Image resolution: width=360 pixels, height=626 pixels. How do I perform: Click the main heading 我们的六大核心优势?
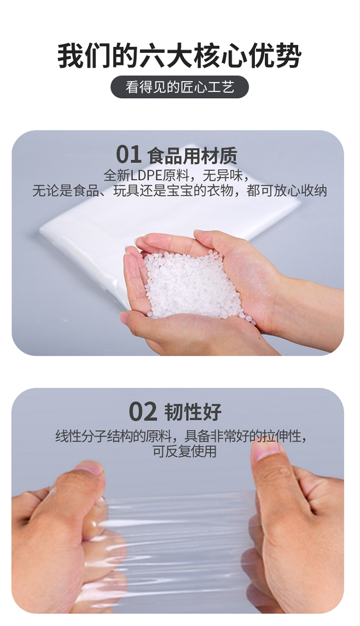point(180,55)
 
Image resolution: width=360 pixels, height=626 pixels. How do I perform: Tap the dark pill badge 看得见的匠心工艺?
point(180,87)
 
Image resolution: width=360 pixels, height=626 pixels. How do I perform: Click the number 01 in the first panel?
point(128,155)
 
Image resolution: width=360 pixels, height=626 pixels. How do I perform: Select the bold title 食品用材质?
point(192,156)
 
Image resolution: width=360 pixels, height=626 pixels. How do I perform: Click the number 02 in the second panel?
point(143,412)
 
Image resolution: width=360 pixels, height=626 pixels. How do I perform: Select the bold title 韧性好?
point(192,412)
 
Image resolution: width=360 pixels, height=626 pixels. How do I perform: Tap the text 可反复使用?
point(185,451)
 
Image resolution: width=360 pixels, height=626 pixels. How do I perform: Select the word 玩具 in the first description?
point(126,191)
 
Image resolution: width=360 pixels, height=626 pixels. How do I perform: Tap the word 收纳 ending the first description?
point(313,191)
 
